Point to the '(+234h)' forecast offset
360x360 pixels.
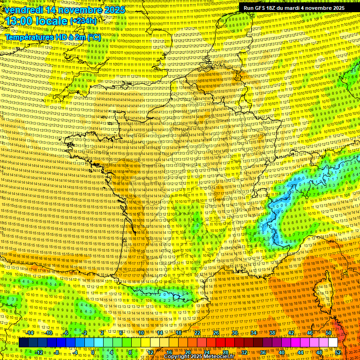pyautogui.click(x=83, y=21)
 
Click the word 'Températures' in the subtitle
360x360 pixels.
pyautogui.click(x=28, y=37)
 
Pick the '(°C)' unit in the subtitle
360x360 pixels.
pyautogui.click(x=94, y=37)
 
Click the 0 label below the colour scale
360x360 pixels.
pyautogui.click(x=93, y=352)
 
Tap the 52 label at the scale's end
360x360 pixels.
pyautogui.click(x=338, y=352)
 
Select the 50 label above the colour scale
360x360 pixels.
pyautogui.click(x=329, y=333)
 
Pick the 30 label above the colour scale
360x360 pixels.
pyautogui.click(x=235, y=333)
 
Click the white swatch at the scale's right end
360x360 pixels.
pyautogui.click(x=333, y=343)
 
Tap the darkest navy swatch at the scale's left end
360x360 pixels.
pyautogui.click(x=23, y=343)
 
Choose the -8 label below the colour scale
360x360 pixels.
pyautogui.click(x=56, y=352)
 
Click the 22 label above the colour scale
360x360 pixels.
pyautogui.click(x=197, y=333)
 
